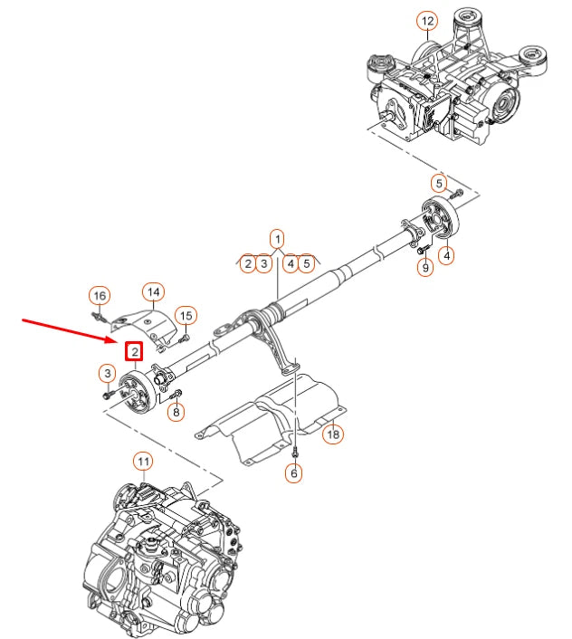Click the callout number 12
427,20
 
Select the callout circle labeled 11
143,462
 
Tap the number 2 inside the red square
134,350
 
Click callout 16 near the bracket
99,296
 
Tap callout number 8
176,413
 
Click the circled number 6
294,472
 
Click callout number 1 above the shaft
277,237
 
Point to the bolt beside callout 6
295,449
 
